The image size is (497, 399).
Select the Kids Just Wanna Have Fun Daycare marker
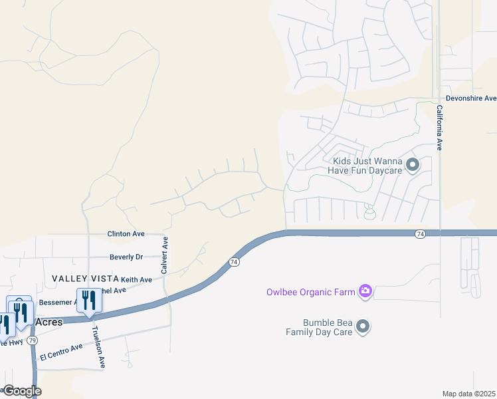(412, 164)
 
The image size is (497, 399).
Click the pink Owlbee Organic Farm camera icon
(364, 291)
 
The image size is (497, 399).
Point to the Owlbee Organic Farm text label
(311, 291)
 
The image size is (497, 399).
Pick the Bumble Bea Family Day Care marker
(362, 327)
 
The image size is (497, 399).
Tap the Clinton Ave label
(126, 234)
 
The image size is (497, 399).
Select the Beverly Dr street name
(126, 257)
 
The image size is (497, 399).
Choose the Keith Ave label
(136, 280)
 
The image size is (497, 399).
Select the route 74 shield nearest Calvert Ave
(233, 262)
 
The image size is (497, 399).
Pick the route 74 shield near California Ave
(420, 233)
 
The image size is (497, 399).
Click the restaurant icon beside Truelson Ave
(89, 300)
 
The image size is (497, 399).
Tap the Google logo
(21, 391)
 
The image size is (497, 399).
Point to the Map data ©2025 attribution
(469, 394)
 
